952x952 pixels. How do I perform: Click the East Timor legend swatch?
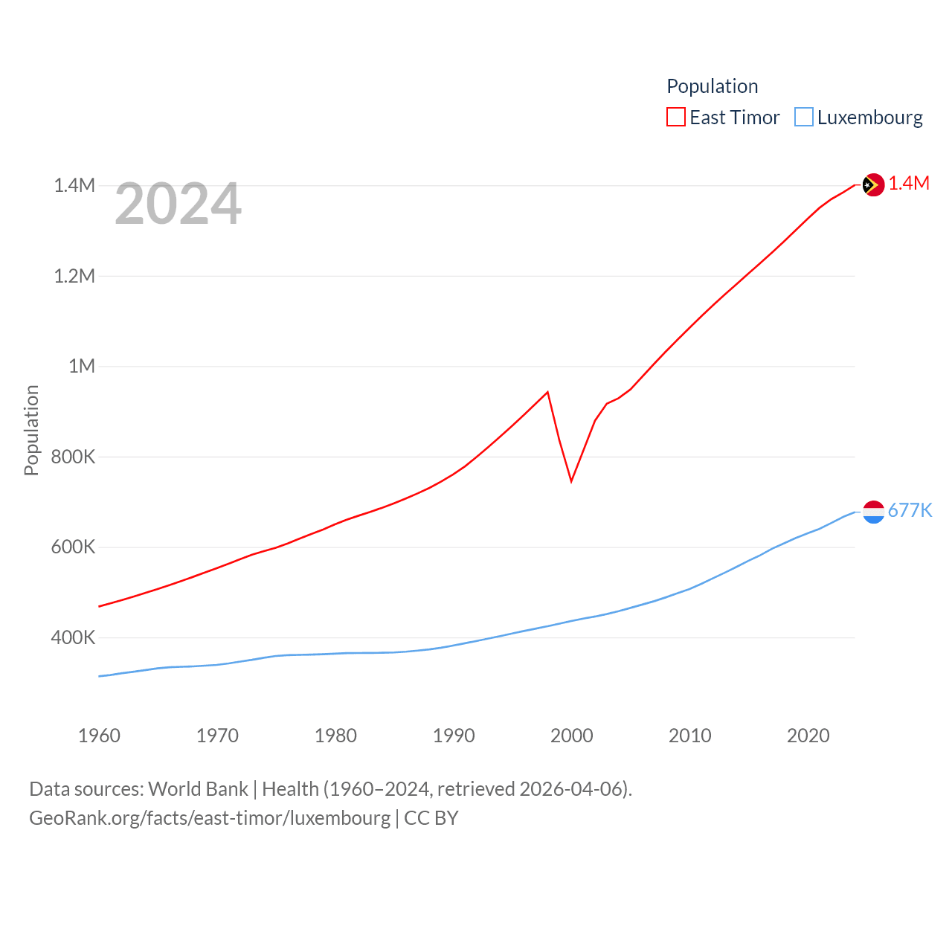(x=675, y=118)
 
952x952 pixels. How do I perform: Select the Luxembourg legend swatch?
(x=804, y=118)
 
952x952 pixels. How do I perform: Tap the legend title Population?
(x=712, y=86)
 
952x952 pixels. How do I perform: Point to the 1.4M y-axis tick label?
(x=74, y=185)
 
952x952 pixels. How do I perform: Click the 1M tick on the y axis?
(x=82, y=366)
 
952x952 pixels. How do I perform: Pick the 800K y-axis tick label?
(x=73, y=457)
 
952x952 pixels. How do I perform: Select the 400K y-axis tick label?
(x=73, y=637)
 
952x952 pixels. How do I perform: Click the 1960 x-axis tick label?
(x=99, y=736)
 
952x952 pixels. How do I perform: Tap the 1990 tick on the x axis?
(x=454, y=736)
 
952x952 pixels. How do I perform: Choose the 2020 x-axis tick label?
(x=808, y=736)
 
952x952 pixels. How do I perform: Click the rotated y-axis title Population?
(x=31, y=430)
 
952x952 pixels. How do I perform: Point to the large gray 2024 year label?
(x=178, y=204)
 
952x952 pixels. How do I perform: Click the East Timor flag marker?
(x=873, y=185)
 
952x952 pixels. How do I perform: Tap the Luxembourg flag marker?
(x=873, y=512)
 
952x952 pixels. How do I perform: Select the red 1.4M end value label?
(x=909, y=184)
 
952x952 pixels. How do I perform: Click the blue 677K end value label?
(x=910, y=510)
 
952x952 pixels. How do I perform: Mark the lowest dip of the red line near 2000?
(x=571, y=481)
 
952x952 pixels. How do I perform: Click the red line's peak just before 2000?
(x=547, y=392)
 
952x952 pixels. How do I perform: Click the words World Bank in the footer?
(x=198, y=789)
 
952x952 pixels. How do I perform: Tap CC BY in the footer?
(x=431, y=818)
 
